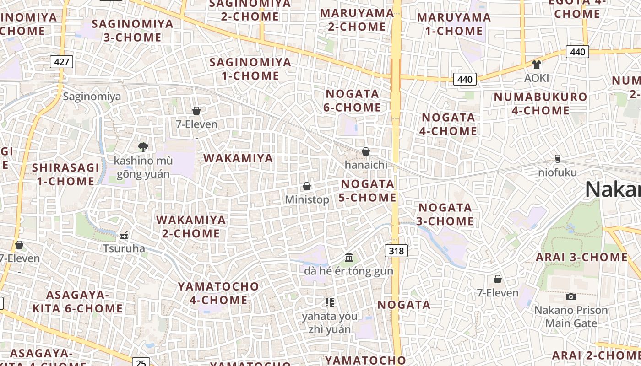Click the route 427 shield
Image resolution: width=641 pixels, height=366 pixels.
(x=61, y=62)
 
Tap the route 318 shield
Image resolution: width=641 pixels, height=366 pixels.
(x=396, y=251)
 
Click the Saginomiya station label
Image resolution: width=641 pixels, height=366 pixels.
(x=92, y=97)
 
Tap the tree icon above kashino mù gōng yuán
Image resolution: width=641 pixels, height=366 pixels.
(x=143, y=147)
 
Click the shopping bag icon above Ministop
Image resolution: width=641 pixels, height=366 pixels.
(x=307, y=186)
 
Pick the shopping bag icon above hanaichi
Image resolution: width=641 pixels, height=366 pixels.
(x=366, y=151)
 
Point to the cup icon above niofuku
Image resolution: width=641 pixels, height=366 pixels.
(x=557, y=159)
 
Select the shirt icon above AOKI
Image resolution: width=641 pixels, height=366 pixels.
(x=536, y=64)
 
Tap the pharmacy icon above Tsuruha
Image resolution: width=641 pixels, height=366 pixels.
(x=124, y=236)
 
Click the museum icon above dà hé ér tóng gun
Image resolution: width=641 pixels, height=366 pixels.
(x=349, y=258)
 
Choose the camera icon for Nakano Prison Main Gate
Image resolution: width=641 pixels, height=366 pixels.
(x=570, y=296)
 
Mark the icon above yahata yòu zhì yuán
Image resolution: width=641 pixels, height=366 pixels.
(x=329, y=302)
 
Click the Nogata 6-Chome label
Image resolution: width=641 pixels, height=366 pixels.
(x=353, y=101)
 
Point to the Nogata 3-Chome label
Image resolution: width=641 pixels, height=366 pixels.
(x=445, y=214)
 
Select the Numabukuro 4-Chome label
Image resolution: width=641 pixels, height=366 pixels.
(x=534, y=103)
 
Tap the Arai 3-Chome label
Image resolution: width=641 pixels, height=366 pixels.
(x=581, y=257)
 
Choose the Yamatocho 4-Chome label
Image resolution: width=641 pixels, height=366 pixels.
(x=218, y=293)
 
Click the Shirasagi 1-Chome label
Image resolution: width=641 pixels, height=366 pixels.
(x=65, y=174)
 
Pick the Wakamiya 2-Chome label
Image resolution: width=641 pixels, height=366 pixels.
(x=191, y=226)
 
